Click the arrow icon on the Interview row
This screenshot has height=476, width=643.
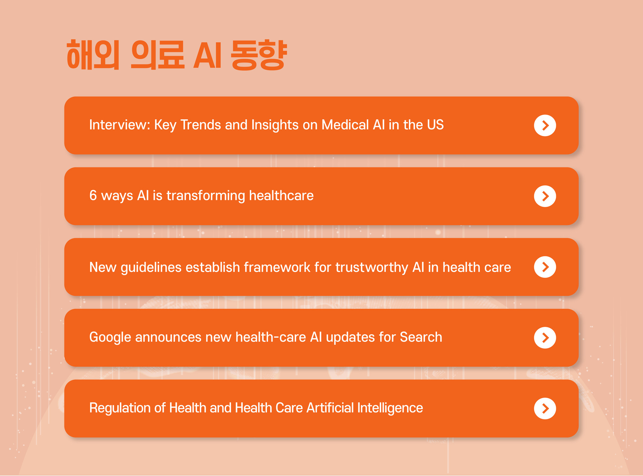[545, 125]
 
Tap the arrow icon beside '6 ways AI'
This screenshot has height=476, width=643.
[545, 196]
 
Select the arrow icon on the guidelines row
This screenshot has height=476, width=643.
[545, 267]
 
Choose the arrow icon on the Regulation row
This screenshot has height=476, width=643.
[545, 408]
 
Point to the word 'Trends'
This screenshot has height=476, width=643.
[201, 125]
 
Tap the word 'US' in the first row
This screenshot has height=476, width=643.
[435, 125]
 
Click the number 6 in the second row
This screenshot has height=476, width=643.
[93, 196]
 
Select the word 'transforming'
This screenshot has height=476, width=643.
[206, 196]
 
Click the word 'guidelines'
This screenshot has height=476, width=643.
[151, 268]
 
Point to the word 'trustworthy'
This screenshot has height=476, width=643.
[372, 268]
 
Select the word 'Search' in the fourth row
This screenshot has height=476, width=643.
[421, 337]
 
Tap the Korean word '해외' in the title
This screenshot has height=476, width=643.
[93, 55]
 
